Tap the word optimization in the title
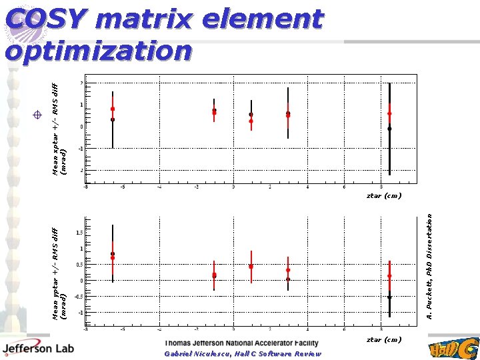click(x=99, y=51)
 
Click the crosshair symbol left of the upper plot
click(x=38, y=115)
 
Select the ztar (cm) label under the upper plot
click(x=384, y=196)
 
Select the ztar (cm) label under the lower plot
click(x=384, y=339)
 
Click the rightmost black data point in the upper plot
click(x=389, y=128)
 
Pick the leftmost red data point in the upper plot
click(x=113, y=109)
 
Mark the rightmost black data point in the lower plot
click(x=389, y=297)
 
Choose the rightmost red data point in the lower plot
click(x=389, y=276)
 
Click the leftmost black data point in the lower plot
click(x=113, y=253)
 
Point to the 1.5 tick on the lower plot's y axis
click(x=80, y=233)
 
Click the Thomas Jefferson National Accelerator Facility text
click(x=241, y=343)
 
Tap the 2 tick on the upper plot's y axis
click(x=81, y=83)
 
